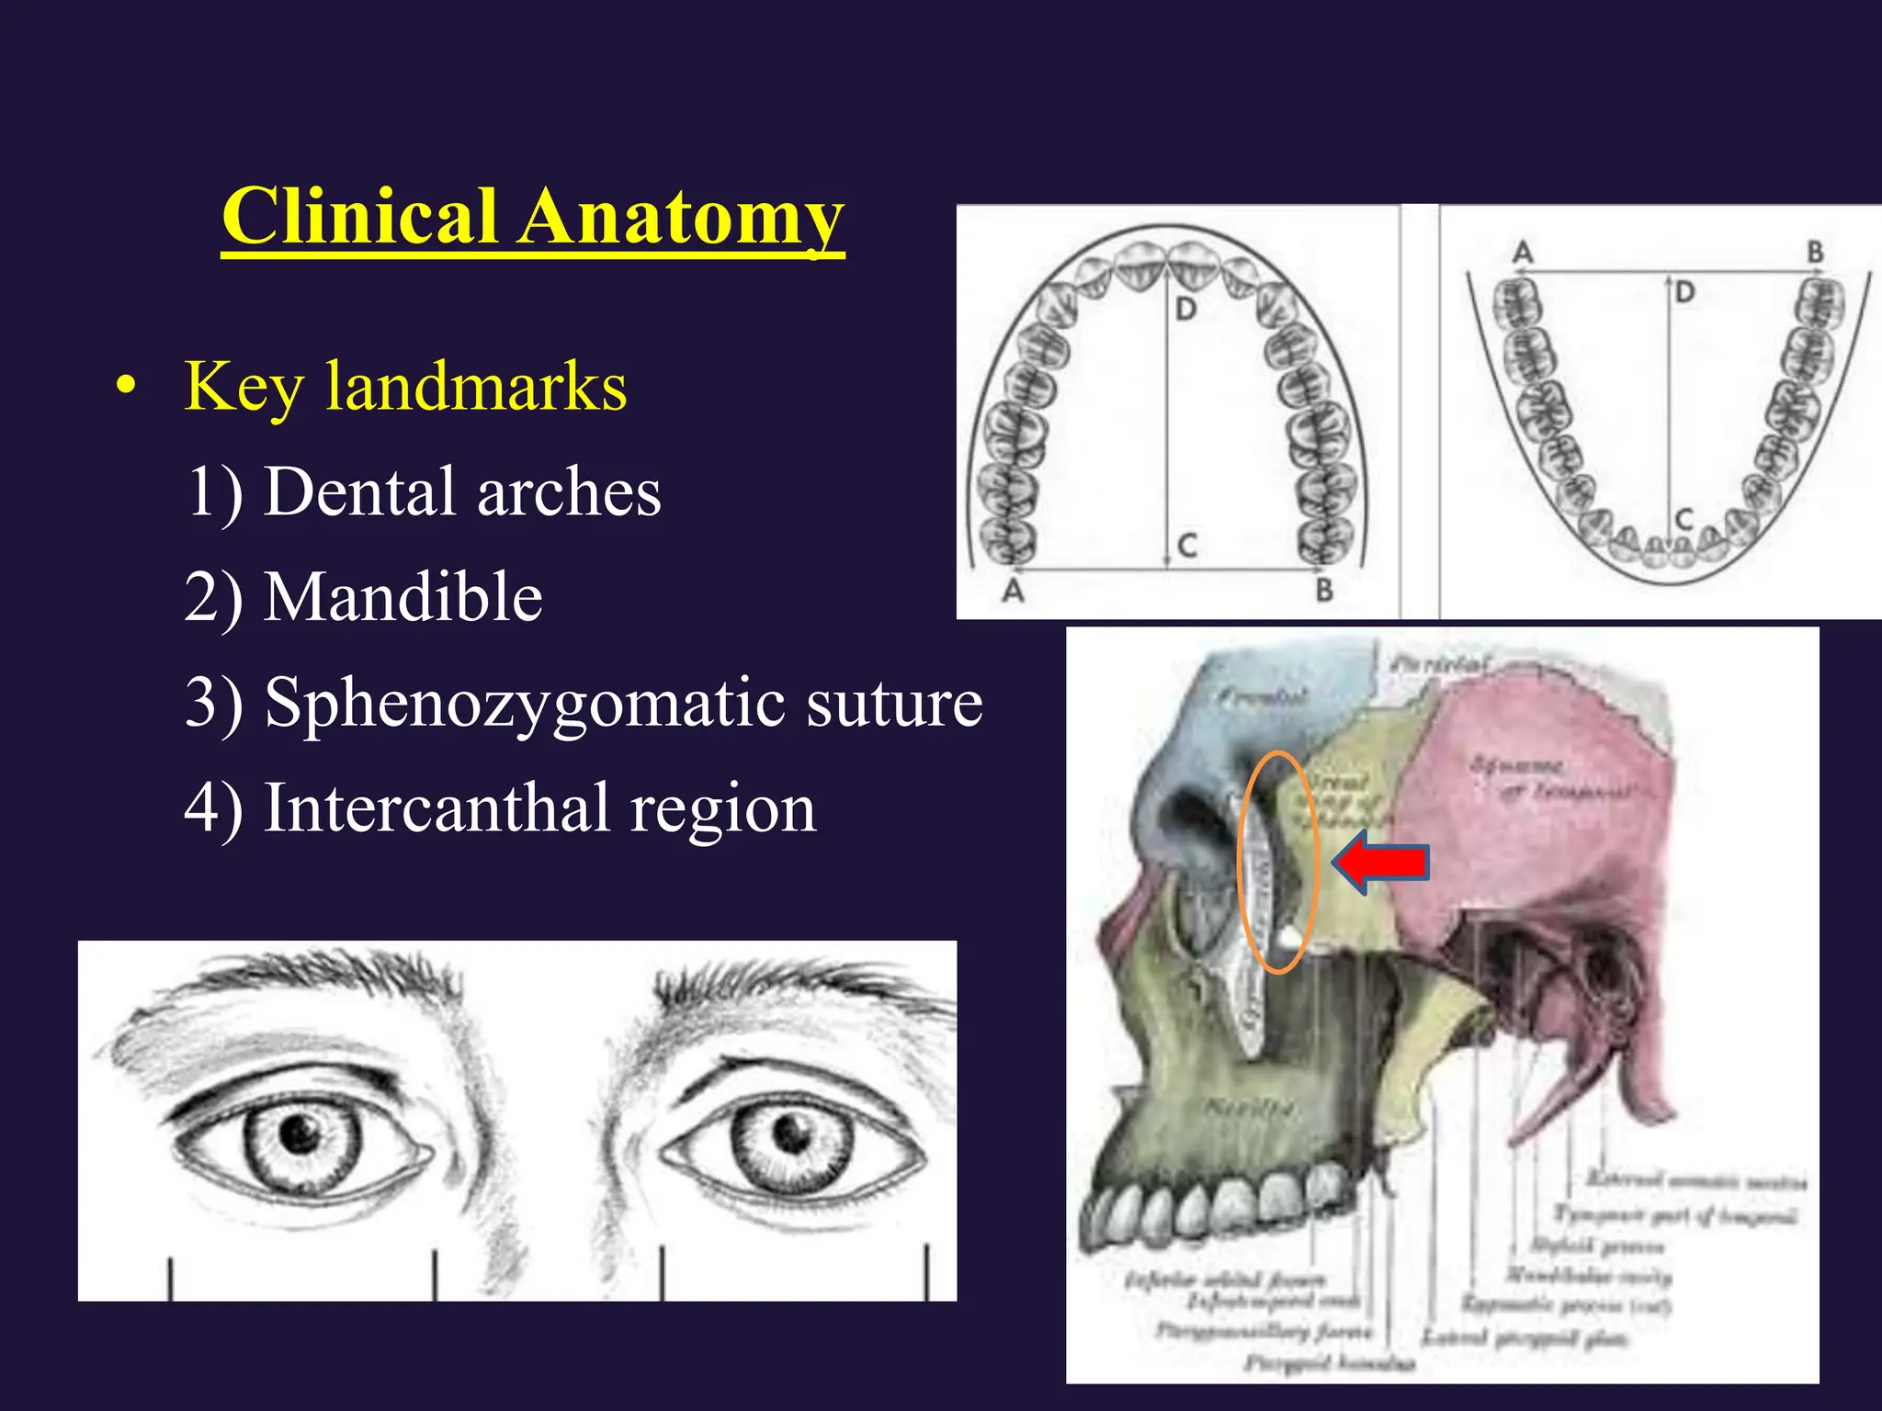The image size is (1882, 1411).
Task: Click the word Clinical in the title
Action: click(359, 217)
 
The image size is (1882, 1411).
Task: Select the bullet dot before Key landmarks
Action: click(127, 385)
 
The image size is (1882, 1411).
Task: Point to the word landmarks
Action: click(476, 387)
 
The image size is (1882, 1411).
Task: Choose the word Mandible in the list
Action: click(403, 597)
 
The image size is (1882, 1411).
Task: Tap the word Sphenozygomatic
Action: click(525, 704)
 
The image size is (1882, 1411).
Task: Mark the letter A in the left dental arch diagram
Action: click(1013, 590)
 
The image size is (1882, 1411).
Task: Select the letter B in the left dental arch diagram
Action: click(1324, 590)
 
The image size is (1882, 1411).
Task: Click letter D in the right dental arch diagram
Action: click(1684, 293)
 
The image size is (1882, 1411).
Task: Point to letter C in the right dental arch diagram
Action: click(1684, 521)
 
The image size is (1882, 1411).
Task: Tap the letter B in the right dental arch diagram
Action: click(1815, 251)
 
